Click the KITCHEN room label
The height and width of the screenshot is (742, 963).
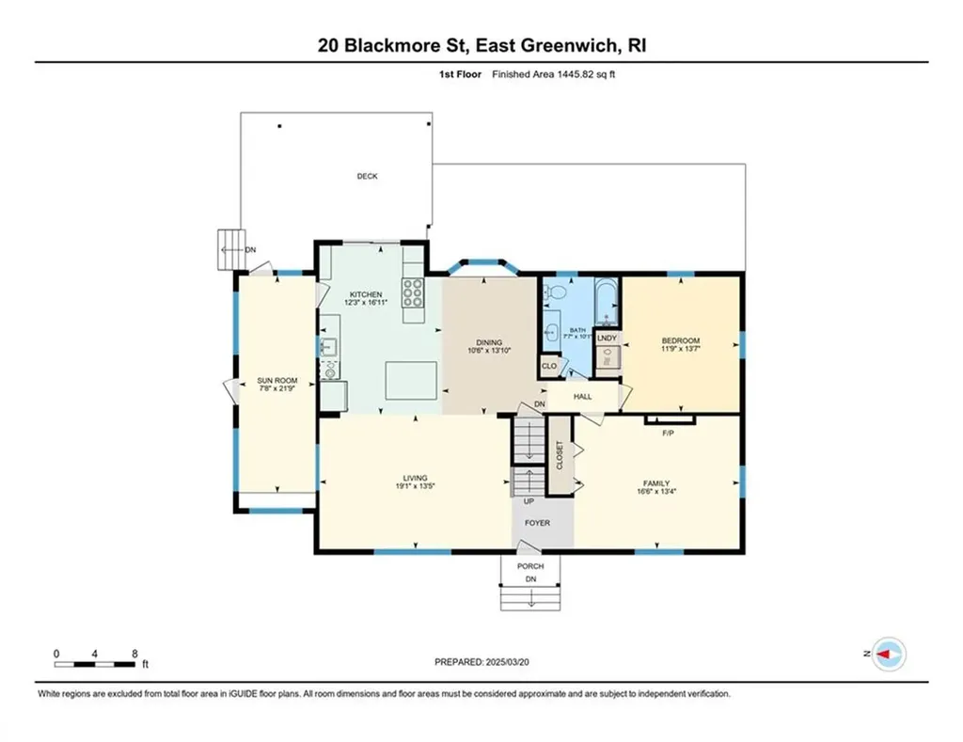pyautogui.click(x=365, y=294)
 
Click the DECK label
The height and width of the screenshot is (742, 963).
pyautogui.click(x=367, y=176)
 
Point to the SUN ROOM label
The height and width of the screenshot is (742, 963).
pyautogui.click(x=277, y=381)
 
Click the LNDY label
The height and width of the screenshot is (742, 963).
pyautogui.click(x=607, y=338)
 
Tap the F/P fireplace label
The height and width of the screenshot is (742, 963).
pyautogui.click(x=669, y=434)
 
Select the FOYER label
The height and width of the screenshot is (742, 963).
pyautogui.click(x=537, y=523)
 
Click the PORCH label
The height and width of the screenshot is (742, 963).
pyautogui.click(x=530, y=566)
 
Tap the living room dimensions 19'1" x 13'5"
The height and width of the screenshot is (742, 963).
pyautogui.click(x=414, y=487)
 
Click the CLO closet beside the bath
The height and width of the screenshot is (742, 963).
pyautogui.click(x=548, y=366)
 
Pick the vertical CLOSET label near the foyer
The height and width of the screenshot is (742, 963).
pyautogui.click(x=560, y=456)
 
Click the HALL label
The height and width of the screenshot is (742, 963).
pyautogui.click(x=582, y=397)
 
